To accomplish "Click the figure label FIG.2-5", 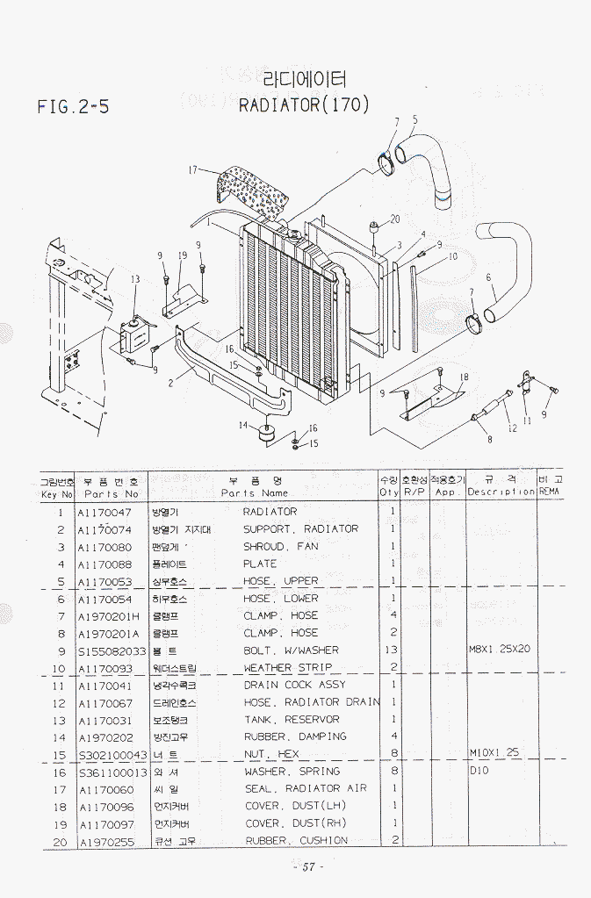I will click(x=74, y=107).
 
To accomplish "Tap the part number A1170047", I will click(x=105, y=512).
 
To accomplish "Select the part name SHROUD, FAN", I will click(x=280, y=546).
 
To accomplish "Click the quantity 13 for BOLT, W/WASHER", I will click(x=392, y=650).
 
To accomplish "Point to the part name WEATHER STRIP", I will click(x=288, y=668).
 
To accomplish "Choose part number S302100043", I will click(x=112, y=754).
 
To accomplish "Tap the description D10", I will click(x=479, y=771).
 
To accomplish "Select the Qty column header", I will click(x=389, y=492).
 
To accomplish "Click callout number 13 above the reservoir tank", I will click(x=134, y=279).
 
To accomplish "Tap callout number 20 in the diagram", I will click(x=394, y=219).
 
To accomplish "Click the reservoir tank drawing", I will click(x=136, y=333).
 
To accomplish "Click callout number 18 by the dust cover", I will click(x=464, y=377).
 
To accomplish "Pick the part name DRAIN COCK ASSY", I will click(x=294, y=685).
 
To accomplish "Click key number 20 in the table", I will click(x=60, y=841).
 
